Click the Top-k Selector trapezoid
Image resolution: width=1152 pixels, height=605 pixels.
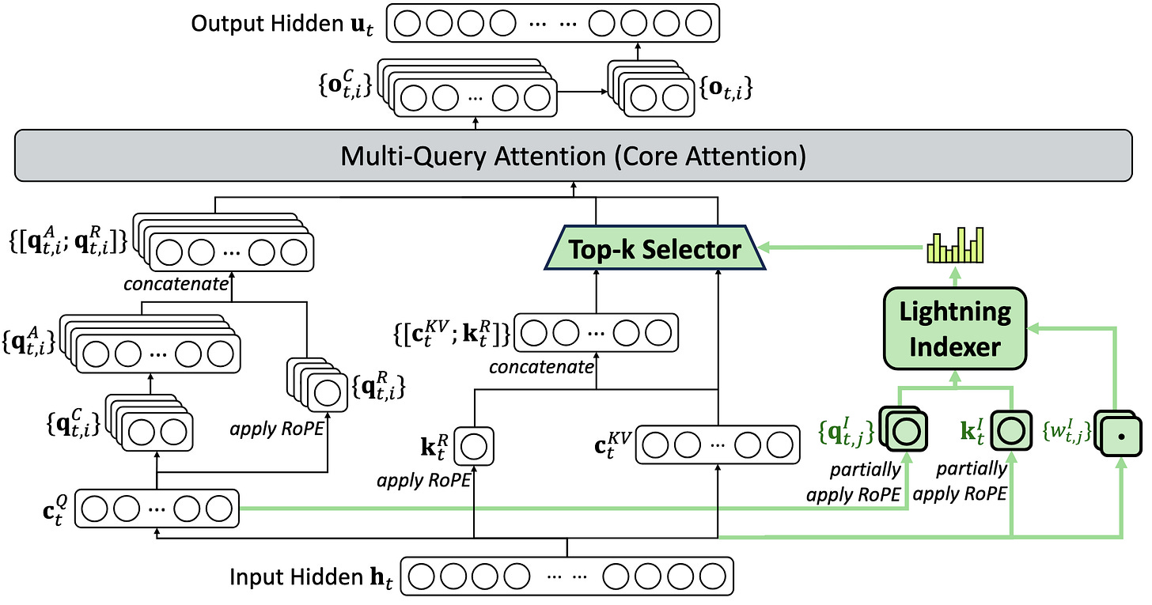(654, 248)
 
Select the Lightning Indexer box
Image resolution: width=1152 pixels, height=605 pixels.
(955, 328)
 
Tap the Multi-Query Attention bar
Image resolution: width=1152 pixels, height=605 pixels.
(574, 155)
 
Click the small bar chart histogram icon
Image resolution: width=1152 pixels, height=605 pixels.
(955, 245)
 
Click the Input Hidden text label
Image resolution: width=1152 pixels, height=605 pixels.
(311, 577)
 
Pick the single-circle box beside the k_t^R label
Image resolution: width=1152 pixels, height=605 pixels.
(474, 447)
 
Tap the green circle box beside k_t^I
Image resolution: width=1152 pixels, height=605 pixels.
(1011, 431)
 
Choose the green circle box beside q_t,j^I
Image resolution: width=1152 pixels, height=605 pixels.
(904, 429)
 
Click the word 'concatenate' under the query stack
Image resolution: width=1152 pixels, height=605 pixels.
(176, 284)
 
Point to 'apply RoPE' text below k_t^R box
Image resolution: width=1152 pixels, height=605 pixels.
(424, 481)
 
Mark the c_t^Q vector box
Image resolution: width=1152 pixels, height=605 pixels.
(157, 509)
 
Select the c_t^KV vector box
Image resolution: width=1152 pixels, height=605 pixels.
(718, 445)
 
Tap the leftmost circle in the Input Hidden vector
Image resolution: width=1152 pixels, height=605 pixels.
(421, 577)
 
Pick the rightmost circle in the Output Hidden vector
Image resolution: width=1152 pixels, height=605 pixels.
(699, 23)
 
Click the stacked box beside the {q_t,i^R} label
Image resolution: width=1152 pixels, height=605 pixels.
(317, 385)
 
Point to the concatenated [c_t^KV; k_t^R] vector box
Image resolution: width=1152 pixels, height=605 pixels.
(596, 333)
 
